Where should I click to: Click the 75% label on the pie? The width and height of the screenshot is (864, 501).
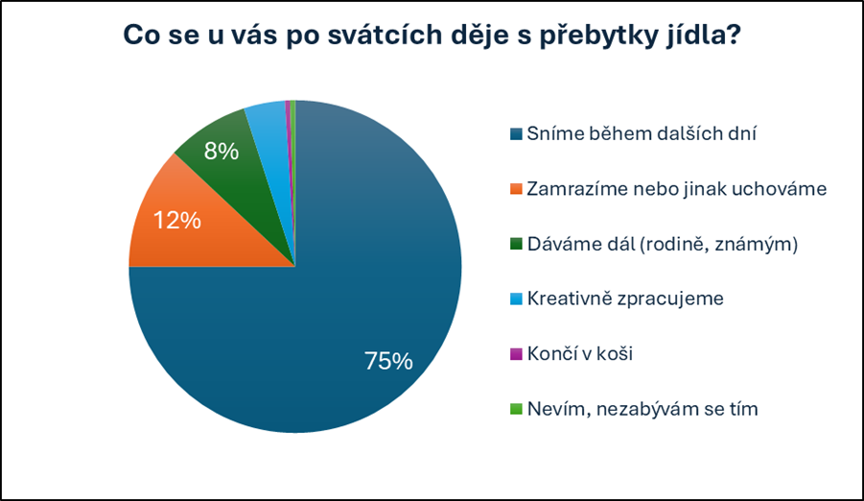(388, 362)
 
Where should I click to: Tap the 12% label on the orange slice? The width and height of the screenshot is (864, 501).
(177, 220)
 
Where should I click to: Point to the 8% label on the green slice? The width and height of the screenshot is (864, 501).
(221, 151)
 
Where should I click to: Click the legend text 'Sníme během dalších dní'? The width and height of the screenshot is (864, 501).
(642, 134)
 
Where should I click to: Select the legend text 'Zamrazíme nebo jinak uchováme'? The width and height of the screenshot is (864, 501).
(676, 189)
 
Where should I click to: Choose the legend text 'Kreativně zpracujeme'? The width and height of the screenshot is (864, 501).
(625, 298)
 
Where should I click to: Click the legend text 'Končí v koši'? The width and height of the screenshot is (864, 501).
(580, 353)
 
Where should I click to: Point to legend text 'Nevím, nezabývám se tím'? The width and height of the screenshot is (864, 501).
(642, 409)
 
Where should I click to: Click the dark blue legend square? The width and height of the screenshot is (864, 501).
(517, 135)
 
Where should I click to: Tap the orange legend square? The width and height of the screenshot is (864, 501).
(517, 190)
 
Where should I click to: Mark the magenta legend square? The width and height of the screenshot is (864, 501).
(517, 354)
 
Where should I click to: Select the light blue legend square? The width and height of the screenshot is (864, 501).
(517, 299)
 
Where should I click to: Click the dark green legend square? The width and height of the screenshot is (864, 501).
(517, 245)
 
